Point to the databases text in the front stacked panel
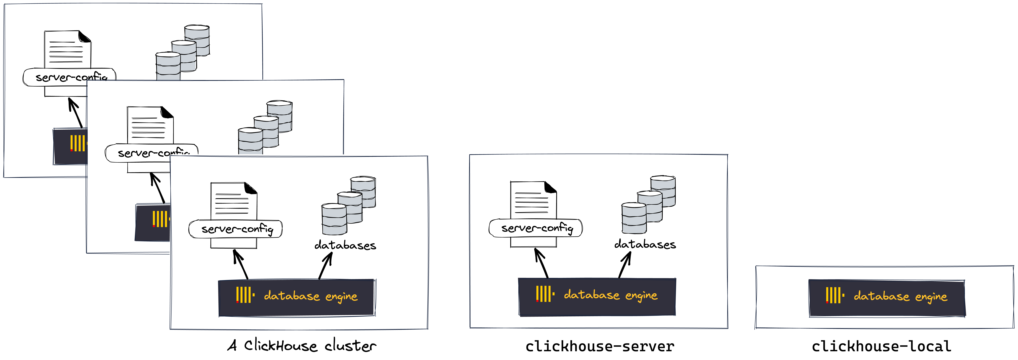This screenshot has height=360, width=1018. coord(345,245)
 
